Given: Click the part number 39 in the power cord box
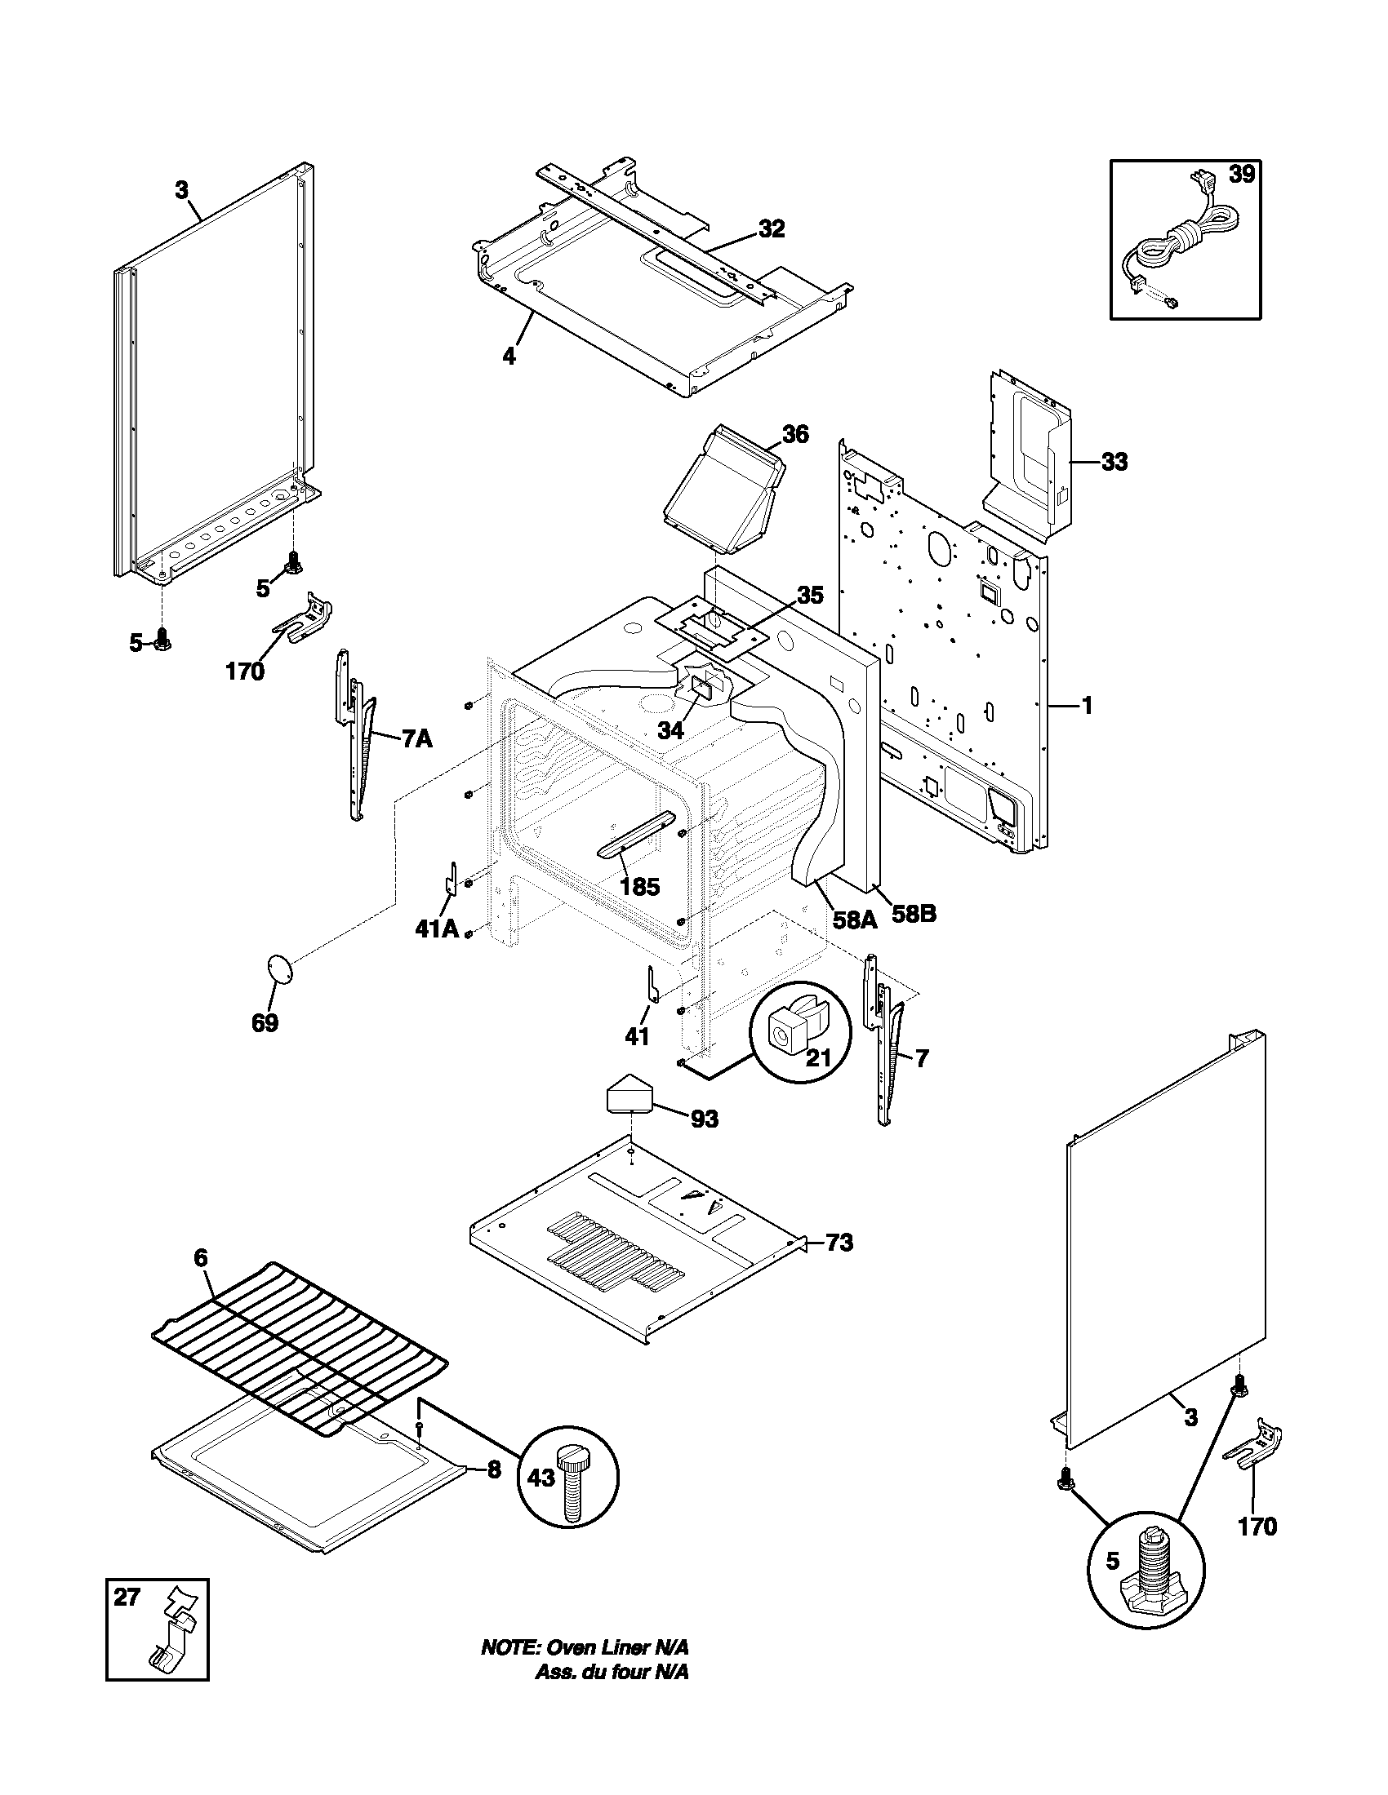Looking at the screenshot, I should click(1242, 175).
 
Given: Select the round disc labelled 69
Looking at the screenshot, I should click(280, 968).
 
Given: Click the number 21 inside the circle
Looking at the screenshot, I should click(817, 1057).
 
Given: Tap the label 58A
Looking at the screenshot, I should click(854, 920).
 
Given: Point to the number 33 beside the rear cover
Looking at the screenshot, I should click(1114, 463).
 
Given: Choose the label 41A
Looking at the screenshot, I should click(436, 929).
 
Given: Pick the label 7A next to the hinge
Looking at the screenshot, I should click(416, 739).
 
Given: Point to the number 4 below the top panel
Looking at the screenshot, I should click(509, 357).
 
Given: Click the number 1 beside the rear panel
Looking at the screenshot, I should click(1086, 704).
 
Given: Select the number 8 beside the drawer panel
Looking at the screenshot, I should click(493, 1469).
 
